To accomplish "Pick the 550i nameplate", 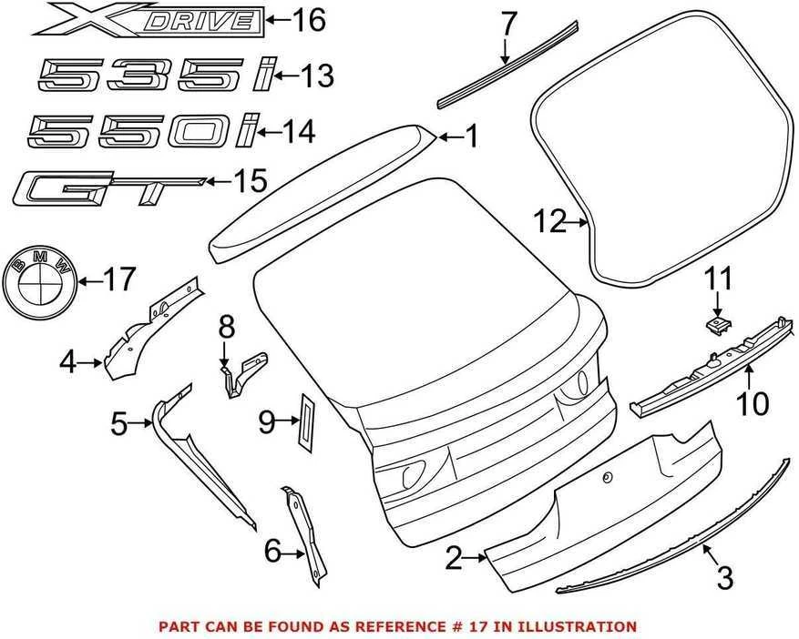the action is (x=144, y=130).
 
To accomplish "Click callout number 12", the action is (x=549, y=222).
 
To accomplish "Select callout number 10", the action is (x=753, y=404).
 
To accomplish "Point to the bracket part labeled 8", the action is (x=243, y=375).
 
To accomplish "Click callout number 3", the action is (x=724, y=578).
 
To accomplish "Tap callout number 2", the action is (x=454, y=558).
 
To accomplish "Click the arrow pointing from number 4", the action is (x=92, y=362).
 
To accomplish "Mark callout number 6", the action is (x=273, y=551).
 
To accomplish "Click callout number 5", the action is (x=119, y=423).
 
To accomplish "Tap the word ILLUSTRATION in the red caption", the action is (x=584, y=625).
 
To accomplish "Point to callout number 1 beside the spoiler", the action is (x=472, y=137).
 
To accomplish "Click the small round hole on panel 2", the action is (x=607, y=478).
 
